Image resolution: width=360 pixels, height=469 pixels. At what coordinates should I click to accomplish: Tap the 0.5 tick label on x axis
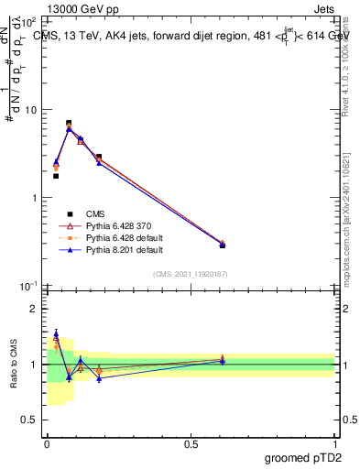coord(191,444)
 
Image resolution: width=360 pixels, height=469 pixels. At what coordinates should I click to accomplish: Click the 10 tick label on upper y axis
coord(30,110)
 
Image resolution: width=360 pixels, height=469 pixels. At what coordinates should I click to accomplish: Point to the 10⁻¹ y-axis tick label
coord(27,287)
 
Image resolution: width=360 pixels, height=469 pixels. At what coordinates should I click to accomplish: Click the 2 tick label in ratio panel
coord(33,310)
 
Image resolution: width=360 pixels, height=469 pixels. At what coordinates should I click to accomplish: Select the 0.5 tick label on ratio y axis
coord(28,420)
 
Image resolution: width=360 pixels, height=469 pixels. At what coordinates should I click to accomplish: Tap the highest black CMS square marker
coord(69,123)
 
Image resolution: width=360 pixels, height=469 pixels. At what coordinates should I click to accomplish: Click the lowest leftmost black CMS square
coord(56,176)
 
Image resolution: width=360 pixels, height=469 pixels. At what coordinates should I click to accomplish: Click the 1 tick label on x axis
coord(334,444)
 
